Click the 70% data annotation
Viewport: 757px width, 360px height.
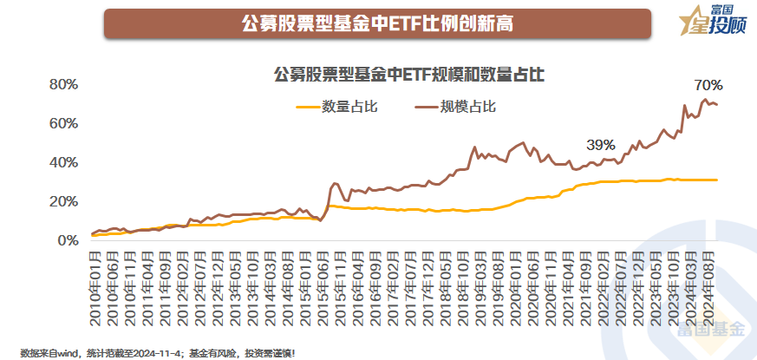(x=708, y=86)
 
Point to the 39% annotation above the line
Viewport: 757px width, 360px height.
(x=600, y=144)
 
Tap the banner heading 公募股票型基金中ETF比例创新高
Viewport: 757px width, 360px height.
(x=377, y=24)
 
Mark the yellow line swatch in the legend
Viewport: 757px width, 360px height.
(x=307, y=107)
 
